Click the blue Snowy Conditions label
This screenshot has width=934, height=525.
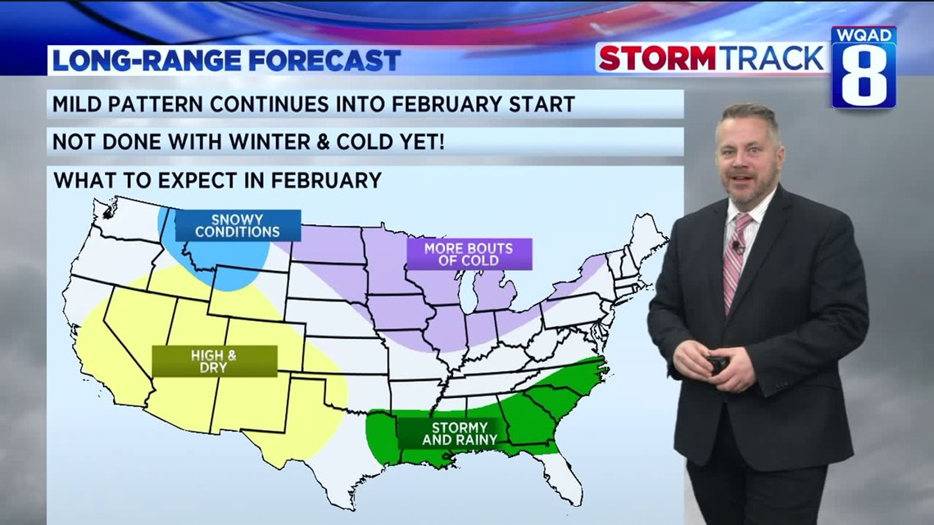point(238,225)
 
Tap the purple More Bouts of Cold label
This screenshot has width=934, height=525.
point(469,254)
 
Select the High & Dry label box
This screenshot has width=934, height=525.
point(215,361)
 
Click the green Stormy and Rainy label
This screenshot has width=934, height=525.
point(460,433)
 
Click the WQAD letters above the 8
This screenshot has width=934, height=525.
point(864,37)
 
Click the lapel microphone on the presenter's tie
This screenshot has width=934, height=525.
point(737,246)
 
